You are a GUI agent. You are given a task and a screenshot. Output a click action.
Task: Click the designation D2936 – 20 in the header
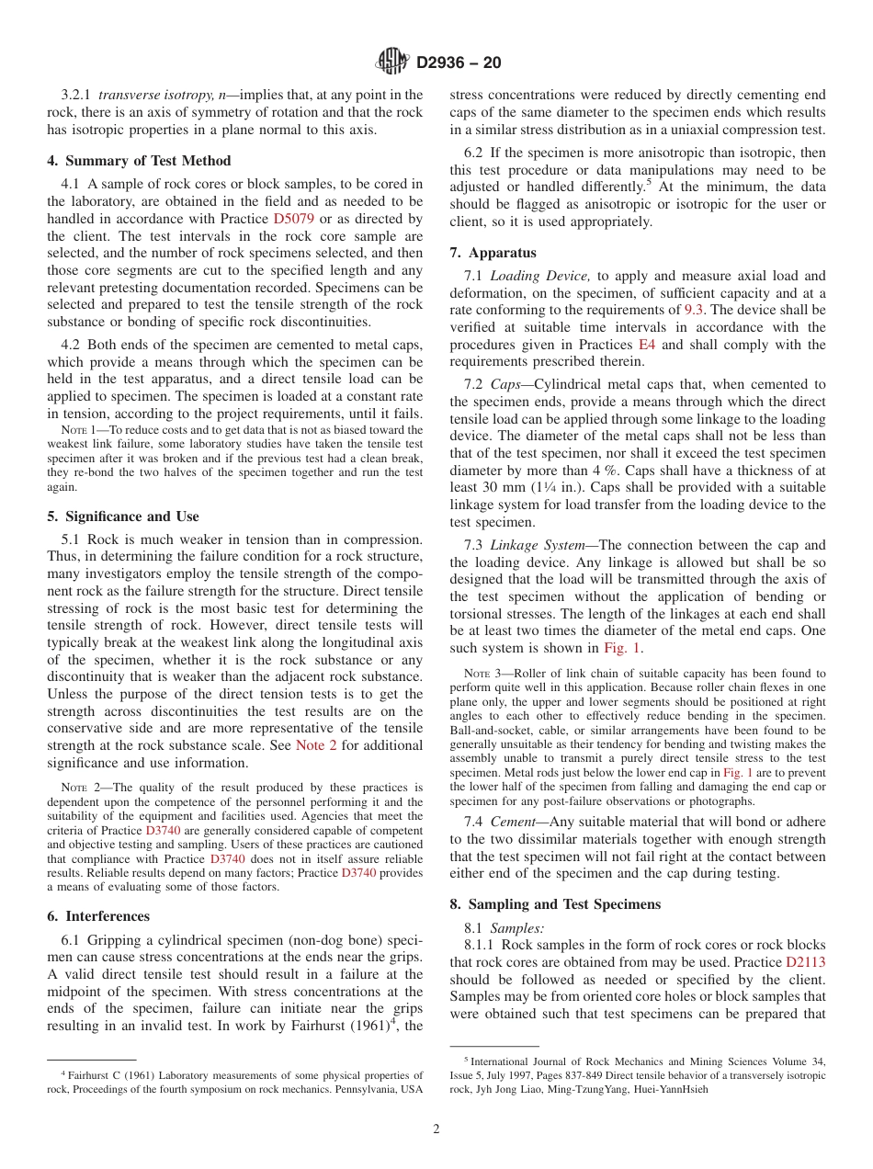click(459, 63)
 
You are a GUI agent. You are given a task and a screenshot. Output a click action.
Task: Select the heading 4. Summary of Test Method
click(139, 161)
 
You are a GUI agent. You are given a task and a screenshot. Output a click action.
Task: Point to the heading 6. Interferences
click(97, 916)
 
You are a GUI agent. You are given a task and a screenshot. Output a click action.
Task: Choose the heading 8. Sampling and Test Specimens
click(555, 904)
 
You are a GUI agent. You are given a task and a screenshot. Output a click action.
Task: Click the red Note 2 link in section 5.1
click(316, 745)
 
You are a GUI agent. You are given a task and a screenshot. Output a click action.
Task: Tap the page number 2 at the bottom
click(436, 1129)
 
